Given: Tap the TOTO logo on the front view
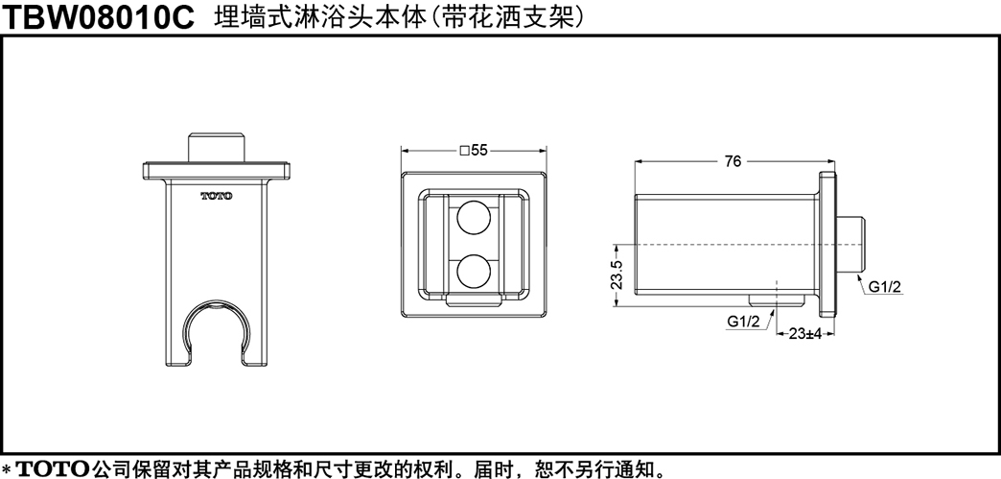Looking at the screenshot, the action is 217,196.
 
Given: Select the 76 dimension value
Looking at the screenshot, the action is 733,162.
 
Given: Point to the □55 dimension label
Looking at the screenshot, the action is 474,151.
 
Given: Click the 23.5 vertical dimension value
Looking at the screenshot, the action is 617,275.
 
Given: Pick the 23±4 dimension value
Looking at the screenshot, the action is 804,333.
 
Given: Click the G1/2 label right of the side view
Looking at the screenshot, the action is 884,286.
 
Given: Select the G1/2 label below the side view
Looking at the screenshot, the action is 744,322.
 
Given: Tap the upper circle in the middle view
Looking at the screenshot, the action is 474,218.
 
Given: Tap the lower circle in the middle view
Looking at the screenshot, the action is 474,271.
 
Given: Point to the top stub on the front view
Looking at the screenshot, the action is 217,148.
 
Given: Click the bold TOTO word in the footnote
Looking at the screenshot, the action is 53,468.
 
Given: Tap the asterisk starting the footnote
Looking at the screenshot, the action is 7,468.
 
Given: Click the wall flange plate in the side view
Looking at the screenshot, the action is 827,244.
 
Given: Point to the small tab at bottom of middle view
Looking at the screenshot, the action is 474,299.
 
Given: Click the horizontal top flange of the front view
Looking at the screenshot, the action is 217,171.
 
